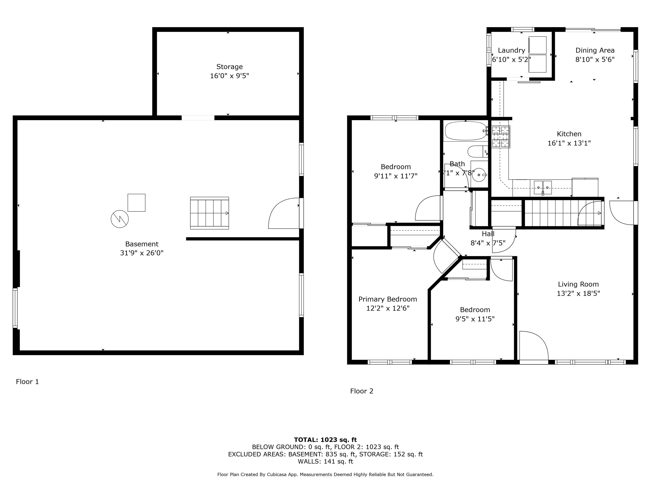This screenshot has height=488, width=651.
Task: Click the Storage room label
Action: click(x=229, y=67)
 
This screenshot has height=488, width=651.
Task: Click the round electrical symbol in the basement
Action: click(x=120, y=219)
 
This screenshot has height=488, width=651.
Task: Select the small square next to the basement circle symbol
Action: click(x=136, y=203)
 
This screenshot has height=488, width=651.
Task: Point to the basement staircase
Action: click(x=210, y=213)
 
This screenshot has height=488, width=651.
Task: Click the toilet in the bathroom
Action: click(x=477, y=151)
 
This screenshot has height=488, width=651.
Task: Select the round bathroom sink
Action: click(x=479, y=175)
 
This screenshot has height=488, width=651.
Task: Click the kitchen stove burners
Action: click(x=501, y=136)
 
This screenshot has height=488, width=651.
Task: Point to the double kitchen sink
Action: click(x=543, y=187)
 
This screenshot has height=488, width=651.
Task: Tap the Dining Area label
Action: click(x=595, y=50)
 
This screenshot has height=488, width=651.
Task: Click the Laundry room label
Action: click(x=511, y=50)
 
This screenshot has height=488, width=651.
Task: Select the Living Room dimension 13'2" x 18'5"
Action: click(x=578, y=293)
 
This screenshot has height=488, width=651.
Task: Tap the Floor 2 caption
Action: click(x=362, y=391)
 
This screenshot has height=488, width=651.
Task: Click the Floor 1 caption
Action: click(x=27, y=382)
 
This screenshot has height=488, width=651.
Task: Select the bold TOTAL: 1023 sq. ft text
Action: click(x=325, y=440)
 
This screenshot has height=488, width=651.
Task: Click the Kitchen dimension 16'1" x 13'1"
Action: click(x=569, y=143)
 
